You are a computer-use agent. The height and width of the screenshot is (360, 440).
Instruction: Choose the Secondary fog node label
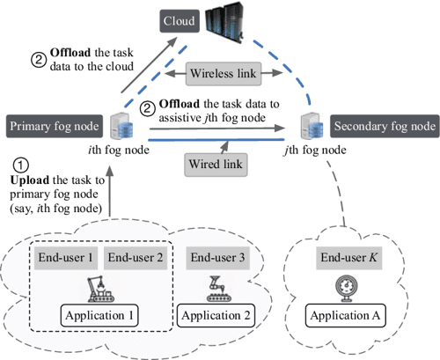[x=383, y=127]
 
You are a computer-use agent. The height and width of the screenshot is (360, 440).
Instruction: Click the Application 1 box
[x=99, y=315]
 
